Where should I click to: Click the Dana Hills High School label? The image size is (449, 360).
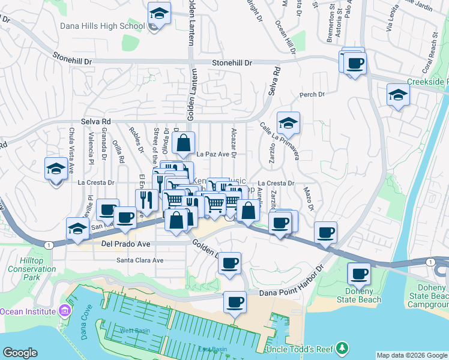tap(102, 26)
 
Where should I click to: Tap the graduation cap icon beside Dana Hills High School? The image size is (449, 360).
tap(159, 13)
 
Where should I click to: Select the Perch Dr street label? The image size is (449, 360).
tap(312, 95)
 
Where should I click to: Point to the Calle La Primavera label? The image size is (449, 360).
tap(280, 141)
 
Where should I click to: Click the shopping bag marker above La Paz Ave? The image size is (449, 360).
tap(184, 143)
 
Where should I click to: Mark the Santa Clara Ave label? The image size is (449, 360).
tap(140, 260)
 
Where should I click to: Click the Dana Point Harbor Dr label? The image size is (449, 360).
tap(291, 292)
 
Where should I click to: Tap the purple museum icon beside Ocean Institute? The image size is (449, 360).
tap(64, 311)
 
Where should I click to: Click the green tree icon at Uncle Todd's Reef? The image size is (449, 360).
tap(342, 348)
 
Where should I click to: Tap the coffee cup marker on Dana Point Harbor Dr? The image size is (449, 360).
tap(235, 302)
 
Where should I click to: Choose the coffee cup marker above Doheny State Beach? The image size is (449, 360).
tap(360, 274)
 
